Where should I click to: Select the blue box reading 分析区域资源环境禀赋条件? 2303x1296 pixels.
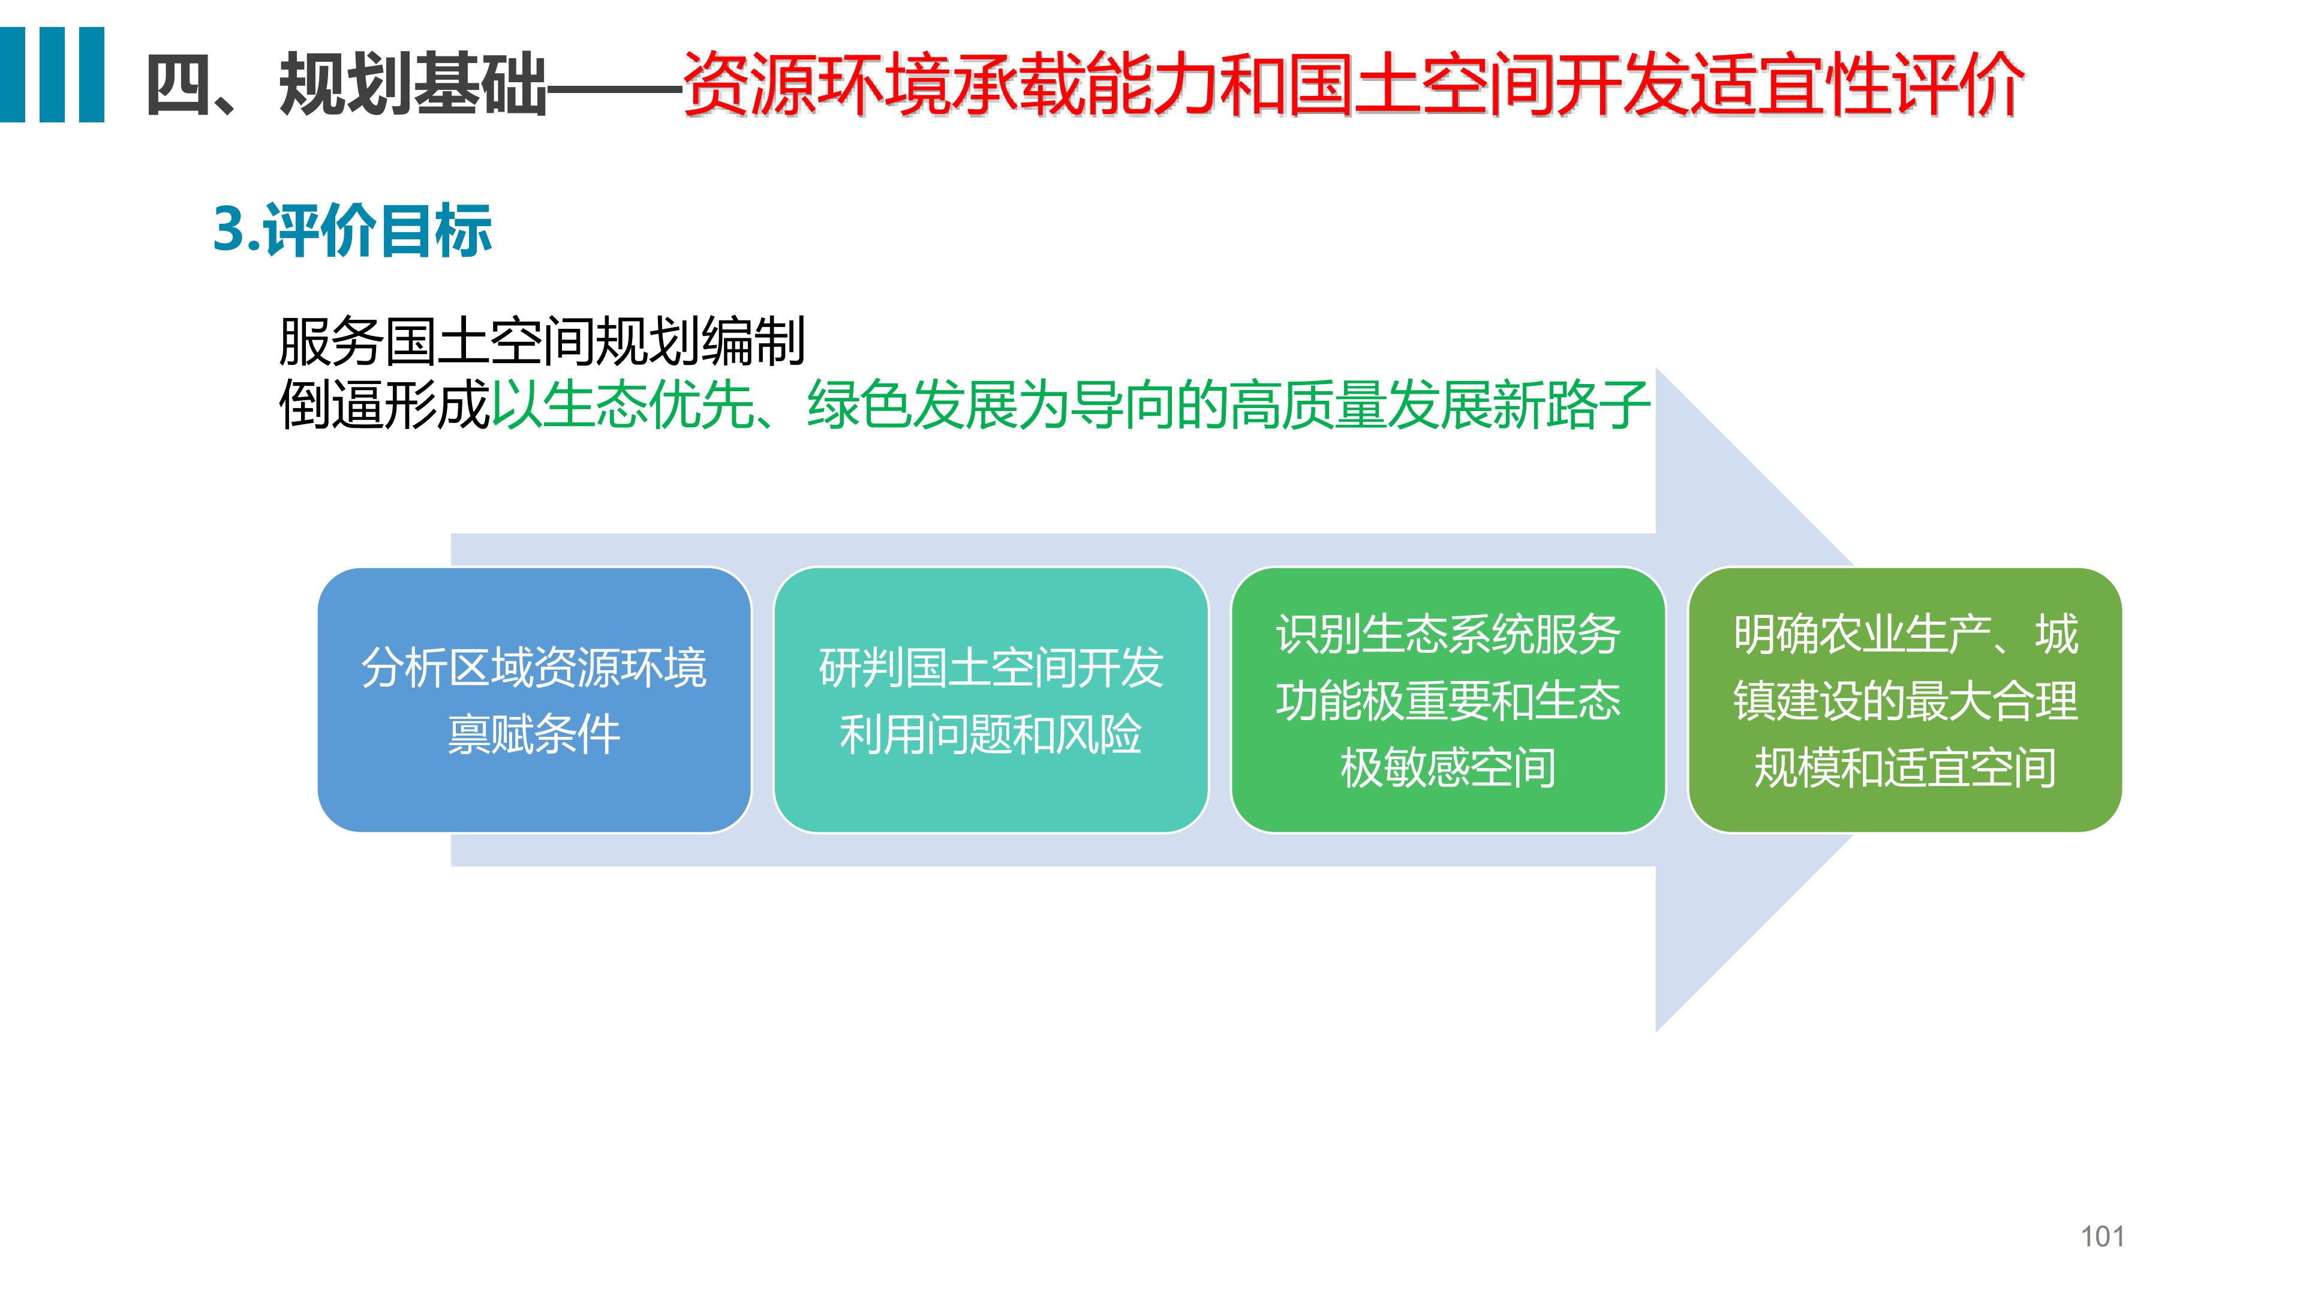point(534,700)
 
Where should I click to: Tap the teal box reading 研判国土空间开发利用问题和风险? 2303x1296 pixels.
point(991,700)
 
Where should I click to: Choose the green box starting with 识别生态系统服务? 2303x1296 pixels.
point(1447,700)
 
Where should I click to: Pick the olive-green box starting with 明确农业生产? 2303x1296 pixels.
point(1904,700)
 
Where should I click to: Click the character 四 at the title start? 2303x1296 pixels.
point(179,85)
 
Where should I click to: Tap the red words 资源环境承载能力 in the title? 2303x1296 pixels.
point(951,85)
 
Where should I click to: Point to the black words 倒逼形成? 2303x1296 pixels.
point(384,405)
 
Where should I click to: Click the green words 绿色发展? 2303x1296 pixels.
point(911,405)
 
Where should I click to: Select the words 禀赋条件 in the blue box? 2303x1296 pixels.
point(534,734)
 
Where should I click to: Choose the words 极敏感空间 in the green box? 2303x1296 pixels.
point(1447,767)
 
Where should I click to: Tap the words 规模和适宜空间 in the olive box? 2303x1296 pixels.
point(1904,767)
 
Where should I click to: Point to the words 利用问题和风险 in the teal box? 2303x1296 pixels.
point(991,734)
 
